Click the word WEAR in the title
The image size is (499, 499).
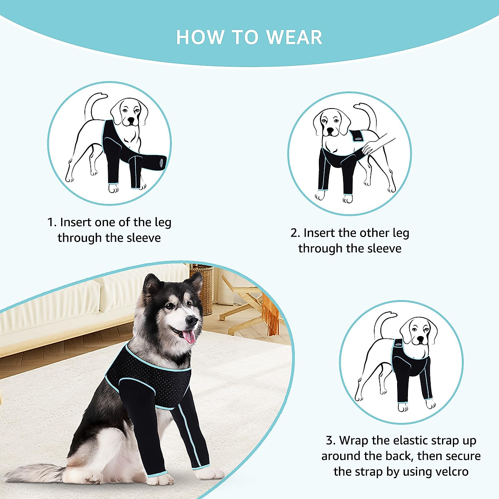294,37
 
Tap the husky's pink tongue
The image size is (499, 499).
189,336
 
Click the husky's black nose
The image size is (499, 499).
192,321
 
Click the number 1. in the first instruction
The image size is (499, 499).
52,222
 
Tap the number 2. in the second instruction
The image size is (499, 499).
295,233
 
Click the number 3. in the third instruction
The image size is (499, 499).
330,440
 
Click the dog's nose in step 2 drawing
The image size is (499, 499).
330,130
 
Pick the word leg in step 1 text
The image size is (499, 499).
163,222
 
